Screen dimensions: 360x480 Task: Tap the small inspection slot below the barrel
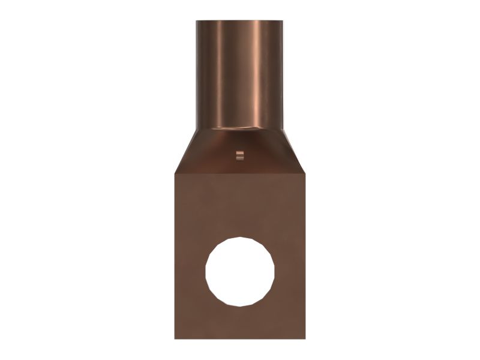pyautogui.click(x=240, y=156)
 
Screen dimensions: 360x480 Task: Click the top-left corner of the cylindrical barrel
pyautogui.click(x=197, y=22)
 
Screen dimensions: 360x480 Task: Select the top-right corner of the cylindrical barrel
pyautogui.click(x=283, y=22)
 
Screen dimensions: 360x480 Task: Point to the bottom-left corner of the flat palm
pyautogui.click(x=175, y=338)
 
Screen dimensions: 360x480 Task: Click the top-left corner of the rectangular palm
pyautogui.click(x=175, y=174)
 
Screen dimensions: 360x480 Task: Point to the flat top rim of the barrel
pyautogui.click(x=240, y=21)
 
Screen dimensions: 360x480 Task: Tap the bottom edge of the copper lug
pyautogui.click(x=240, y=338)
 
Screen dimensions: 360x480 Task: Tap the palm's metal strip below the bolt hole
pyautogui.click(x=240, y=323)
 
